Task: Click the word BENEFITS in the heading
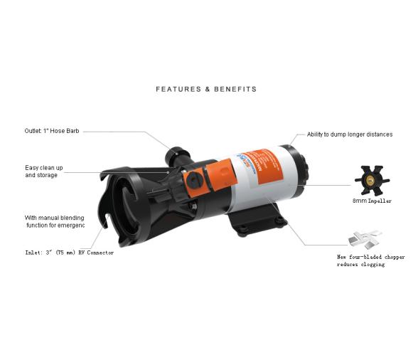point(232,90)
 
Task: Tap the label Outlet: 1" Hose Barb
point(52,132)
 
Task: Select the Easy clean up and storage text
point(44,171)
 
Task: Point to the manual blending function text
point(55,221)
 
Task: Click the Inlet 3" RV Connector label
point(69,253)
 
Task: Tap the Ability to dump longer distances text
point(349,134)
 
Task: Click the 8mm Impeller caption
point(372,201)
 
